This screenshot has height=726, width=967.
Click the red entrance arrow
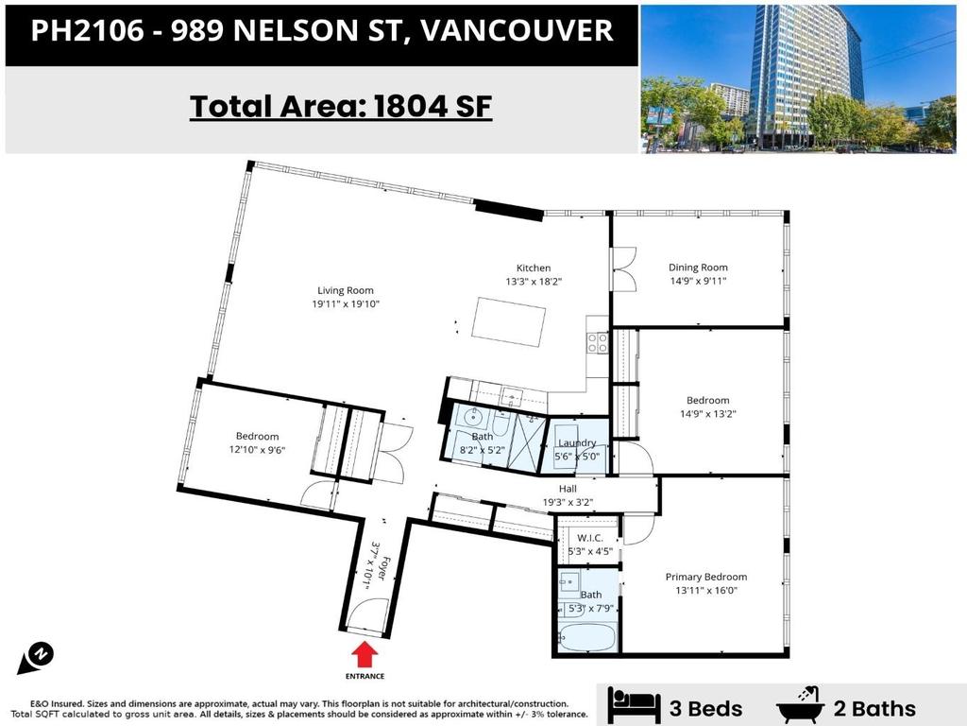[365, 655]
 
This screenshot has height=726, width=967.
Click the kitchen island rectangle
[508, 320]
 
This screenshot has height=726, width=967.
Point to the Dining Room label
[698, 268]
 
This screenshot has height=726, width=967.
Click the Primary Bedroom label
[705, 577]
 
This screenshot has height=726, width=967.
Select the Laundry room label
[577, 442]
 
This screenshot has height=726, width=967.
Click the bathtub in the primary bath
[586, 638]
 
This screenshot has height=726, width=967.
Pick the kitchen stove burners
[598, 341]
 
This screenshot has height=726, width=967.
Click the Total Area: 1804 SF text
[341, 106]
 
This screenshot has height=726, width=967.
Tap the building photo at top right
[798, 78]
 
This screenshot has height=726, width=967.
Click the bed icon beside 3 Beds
[634, 706]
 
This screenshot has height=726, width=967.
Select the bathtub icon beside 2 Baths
[802, 706]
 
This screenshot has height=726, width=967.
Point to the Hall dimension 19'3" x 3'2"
[568, 503]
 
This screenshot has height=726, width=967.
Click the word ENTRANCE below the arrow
[365, 677]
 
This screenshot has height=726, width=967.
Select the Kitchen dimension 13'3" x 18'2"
[534, 282]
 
